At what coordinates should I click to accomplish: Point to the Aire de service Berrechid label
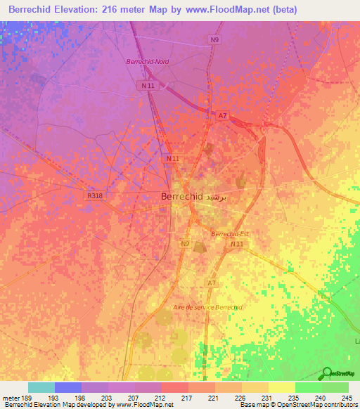tap(207, 308)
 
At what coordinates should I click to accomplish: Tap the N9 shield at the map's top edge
tap(214, 40)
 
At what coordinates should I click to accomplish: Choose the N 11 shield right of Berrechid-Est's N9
tap(236, 244)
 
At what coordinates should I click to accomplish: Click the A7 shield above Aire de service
tap(211, 283)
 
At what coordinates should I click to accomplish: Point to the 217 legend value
tap(188, 397)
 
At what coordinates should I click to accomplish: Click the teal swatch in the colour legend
tap(41, 387)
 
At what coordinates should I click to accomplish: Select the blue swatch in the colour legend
tap(68, 387)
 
